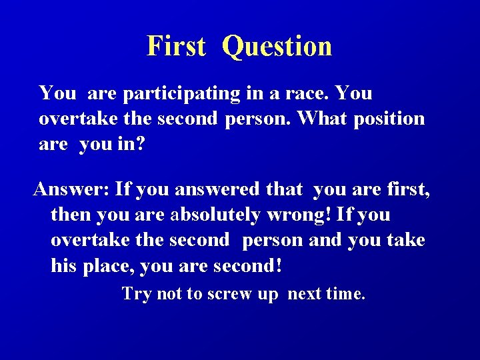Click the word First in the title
point(176,47)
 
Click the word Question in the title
point(277,47)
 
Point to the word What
point(322,119)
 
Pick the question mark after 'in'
point(139,144)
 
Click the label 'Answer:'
point(71,189)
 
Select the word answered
point(217,189)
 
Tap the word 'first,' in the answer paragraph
point(408,189)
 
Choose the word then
point(71,215)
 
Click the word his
point(64,267)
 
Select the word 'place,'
point(109,267)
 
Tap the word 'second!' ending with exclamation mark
point(248,267)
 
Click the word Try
point(137,294)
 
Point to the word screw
point(230,294)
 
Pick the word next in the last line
point(305,294)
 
